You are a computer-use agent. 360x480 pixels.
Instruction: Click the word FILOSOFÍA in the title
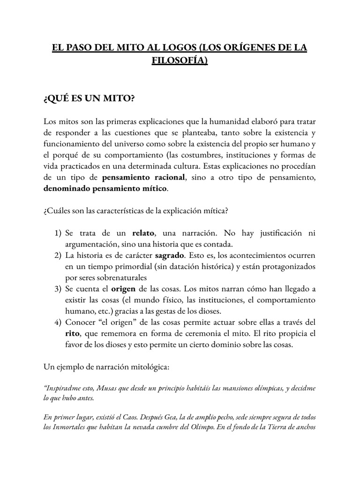click(x=180, y=61)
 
